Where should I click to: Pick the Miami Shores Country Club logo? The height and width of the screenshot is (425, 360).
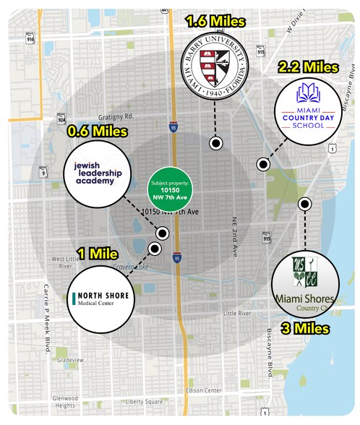pos(307,283)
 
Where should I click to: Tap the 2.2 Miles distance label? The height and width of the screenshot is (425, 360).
pos(308,66)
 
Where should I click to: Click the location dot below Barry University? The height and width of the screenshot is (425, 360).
pos(215,143)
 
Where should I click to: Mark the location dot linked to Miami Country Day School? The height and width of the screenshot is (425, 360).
pos(262,166)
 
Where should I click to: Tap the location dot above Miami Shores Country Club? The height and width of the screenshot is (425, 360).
pos(306,204)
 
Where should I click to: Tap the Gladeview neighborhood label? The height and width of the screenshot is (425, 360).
pos(72,359)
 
